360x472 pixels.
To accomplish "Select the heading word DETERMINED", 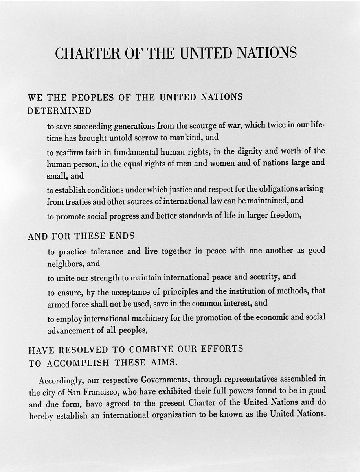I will (x=59, y=111).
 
